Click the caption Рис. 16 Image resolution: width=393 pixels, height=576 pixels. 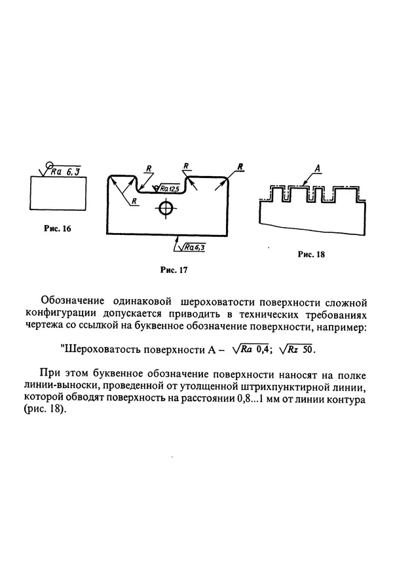click(x=58, y=229)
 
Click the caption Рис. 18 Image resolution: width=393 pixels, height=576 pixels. click(x=310, y=255)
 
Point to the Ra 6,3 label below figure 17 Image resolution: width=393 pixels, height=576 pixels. click(x=194, y=247)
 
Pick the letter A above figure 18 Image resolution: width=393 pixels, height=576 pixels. click(x=317, y=169)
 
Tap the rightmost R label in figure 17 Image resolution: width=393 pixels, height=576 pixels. click(x=240, y=167)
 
